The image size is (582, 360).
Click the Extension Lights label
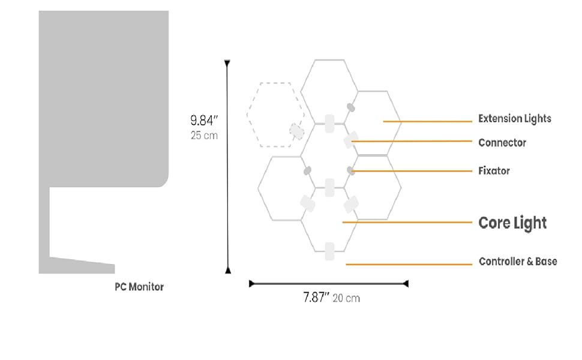[x=514, y=119]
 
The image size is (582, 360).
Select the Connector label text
[x=502, y=143]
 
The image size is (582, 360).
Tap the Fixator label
[x=494, y=171]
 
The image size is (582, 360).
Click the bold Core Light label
[x=512, y=223]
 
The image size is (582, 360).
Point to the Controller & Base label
[x=517, y=262]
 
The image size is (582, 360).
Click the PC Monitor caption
[x=139, y=287]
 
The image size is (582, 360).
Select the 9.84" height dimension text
[x=203, y=120]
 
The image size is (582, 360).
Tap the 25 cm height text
[x=204, y=136]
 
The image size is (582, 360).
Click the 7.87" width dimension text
[x=316, y=298]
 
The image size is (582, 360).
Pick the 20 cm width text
[x=346, y=298]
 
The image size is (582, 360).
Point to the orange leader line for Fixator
[x=414, y=171]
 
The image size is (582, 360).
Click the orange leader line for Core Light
[x=408, y=222]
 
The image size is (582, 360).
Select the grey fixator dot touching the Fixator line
[x=350, y=171]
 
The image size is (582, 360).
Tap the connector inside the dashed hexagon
[x=296, y=131]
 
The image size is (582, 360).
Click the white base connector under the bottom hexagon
[x=329, y=251]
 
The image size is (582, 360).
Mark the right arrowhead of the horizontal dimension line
[x=406, y=283]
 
